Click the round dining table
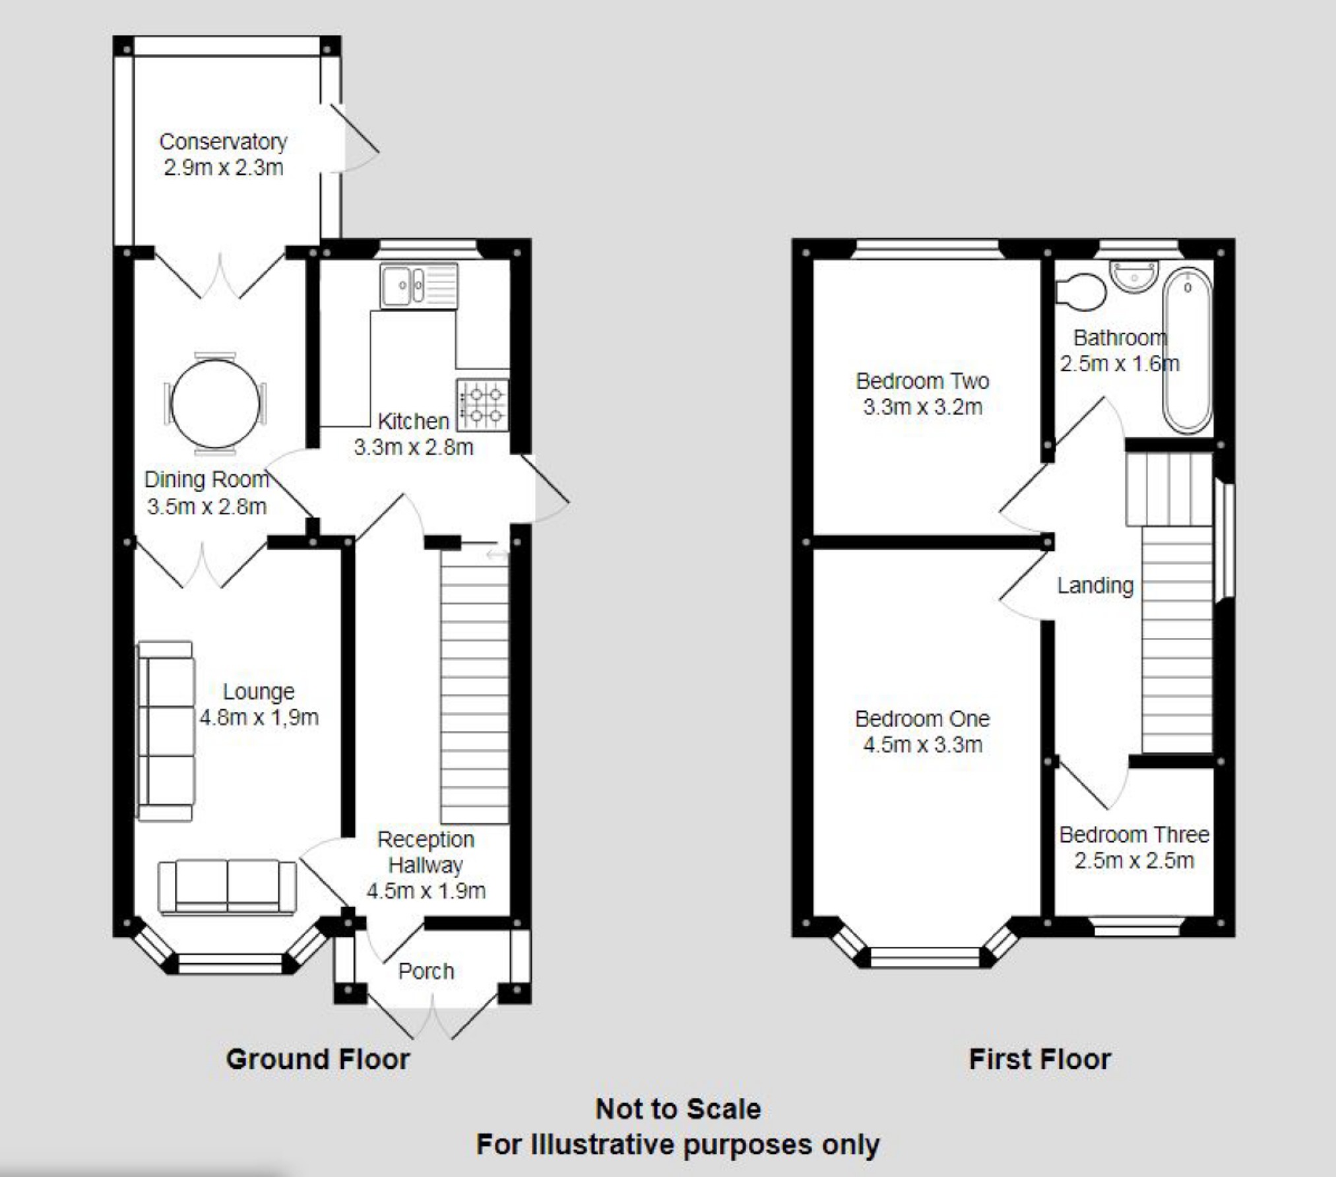[215, 403]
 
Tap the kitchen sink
[419, 286]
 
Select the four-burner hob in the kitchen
[483, 405]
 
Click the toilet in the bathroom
[1081, 291]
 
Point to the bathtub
[1187, 350]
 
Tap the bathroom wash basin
[1134, 276]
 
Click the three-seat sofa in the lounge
[166, 731]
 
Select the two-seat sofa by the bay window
[227, 887]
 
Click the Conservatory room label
[224, 142]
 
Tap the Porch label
[426, 971]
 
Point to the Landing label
[1095, 585]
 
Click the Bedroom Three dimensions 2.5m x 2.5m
[1134, 860]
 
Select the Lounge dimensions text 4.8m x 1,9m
[259, 717]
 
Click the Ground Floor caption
[318, 1060]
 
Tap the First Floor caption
[1040, 1060]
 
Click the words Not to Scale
[678, 1109]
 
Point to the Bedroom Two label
[922, 381]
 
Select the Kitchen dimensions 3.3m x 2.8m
[414, 447]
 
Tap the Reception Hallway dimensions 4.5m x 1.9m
[426, 891]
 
